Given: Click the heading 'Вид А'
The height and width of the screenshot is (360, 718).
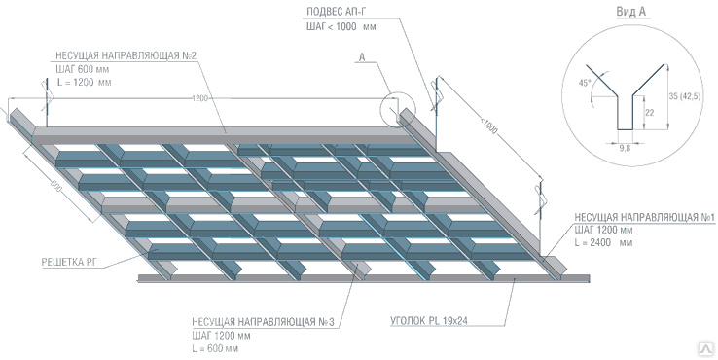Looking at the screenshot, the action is (x=630, y=12).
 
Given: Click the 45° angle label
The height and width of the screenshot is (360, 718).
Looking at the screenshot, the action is (x=585, y=84).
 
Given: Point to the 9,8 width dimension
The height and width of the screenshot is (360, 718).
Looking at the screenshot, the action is (x=625, y=148).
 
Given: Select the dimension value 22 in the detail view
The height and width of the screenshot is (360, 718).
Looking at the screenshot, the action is (x=649, y=112).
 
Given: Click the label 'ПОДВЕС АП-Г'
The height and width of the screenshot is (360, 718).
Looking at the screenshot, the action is (x=336, y=12).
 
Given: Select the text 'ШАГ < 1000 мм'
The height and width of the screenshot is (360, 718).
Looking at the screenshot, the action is (x=341, y=26).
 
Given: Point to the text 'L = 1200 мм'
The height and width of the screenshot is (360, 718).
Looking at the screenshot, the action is (x=84, y=83).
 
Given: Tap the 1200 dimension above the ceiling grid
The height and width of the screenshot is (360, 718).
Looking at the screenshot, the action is (x=200, y=98).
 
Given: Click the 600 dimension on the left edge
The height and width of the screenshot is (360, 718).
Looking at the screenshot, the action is (x=55, y=186).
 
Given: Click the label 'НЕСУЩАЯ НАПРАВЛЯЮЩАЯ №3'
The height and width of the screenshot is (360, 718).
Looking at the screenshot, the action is (x=264, y=322).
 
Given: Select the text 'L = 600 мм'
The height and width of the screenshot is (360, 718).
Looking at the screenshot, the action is (x=215, y=348).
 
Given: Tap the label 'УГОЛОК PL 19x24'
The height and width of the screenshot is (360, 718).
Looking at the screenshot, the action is (x=429, y=321).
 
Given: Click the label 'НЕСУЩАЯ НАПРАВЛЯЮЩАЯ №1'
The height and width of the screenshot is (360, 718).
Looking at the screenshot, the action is (x=645, y=217).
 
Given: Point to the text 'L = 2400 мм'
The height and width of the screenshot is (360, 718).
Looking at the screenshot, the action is (x=603, y=242).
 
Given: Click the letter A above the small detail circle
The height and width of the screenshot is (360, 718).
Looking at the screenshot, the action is (x=362, y=57).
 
